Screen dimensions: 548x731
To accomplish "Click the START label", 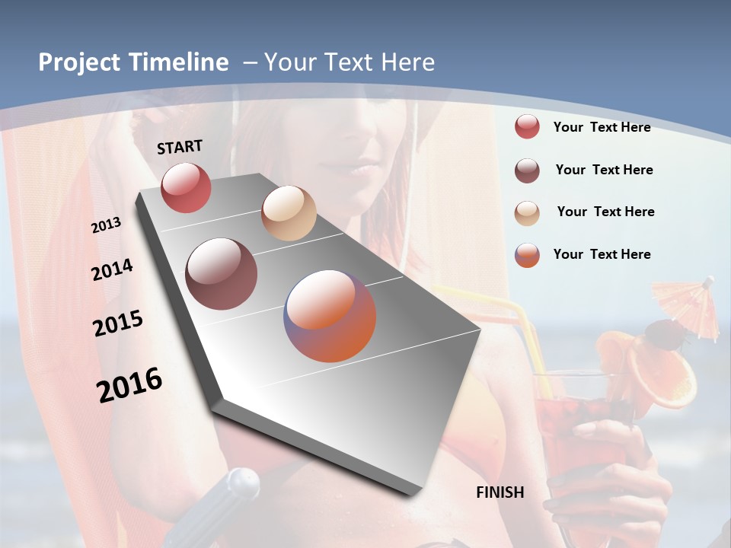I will pos(180,147).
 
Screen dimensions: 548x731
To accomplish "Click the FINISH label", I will pos(500,492).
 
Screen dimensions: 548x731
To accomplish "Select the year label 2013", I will pos(107,225).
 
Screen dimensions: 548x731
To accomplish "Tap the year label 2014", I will pos(113,270).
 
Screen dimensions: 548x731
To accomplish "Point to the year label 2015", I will pos(118,323).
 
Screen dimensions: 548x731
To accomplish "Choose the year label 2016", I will pos(129,384).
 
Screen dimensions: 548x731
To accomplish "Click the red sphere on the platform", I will pos(186,187).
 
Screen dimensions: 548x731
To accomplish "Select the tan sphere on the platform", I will pos(289,213).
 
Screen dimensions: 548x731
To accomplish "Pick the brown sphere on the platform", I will pos(221,274).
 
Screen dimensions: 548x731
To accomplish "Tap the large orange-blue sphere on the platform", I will pos(330,316).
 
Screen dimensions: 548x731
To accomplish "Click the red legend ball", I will pos(527,126).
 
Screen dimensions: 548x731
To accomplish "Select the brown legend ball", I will pos(527,170).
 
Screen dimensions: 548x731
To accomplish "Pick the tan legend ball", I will pos(527,213).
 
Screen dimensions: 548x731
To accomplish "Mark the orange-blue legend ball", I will pos(527,255).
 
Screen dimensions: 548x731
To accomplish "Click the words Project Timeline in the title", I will pos(133,62).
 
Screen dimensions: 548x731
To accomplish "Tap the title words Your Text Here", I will pos(350,62).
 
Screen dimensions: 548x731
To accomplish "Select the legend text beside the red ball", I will pos(602,127).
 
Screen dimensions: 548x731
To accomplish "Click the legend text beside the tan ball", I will pos(605,212).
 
